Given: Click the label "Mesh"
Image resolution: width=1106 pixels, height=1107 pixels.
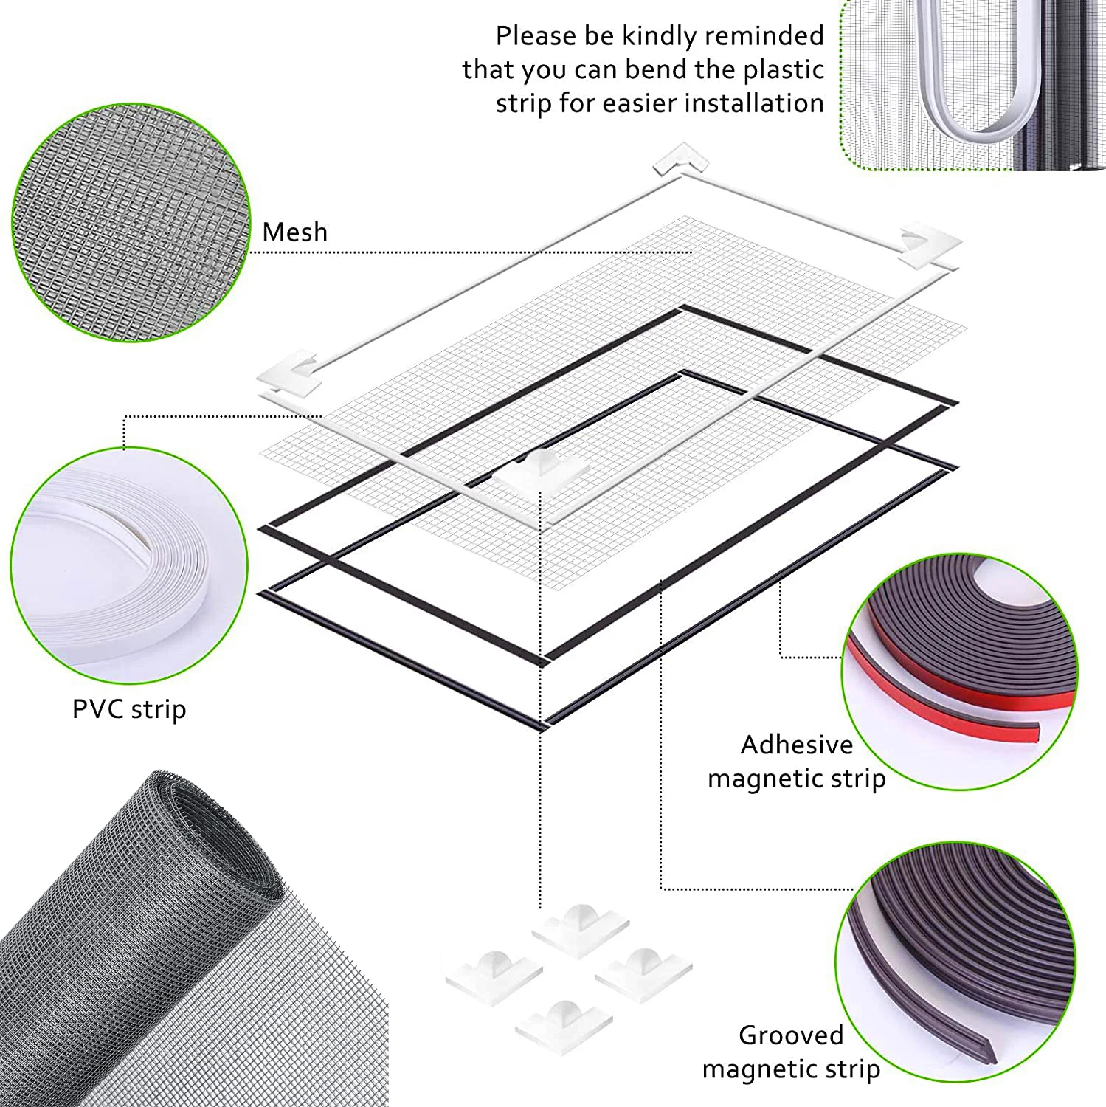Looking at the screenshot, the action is (294, 232).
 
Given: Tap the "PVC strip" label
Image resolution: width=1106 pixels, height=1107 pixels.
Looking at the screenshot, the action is (129, 710).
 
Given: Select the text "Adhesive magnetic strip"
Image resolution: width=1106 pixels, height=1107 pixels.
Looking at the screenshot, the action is (797, 762).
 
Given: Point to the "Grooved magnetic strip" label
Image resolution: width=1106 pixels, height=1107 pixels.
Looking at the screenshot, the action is (791, 1052).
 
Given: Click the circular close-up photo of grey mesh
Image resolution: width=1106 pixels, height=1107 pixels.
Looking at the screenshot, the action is (131, 222).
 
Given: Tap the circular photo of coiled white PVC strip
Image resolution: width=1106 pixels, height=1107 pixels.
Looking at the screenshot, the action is (129, 565).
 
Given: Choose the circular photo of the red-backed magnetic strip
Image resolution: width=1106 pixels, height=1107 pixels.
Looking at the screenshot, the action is (960, 672).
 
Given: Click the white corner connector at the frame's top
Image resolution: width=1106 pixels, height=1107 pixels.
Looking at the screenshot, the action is (680, 159).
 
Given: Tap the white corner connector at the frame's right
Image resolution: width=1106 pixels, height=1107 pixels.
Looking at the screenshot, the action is (930, 244).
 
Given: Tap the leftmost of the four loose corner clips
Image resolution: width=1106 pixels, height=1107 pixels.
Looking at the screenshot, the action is (494, 976).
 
